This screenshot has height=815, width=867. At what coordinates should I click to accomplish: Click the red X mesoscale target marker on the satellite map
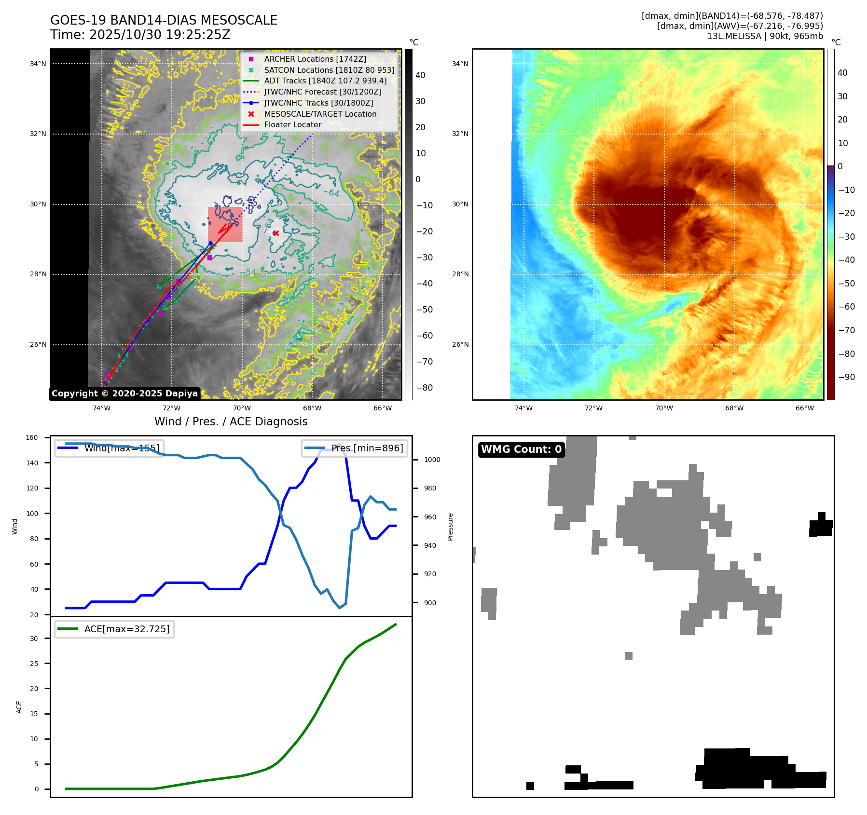tap(276, 233)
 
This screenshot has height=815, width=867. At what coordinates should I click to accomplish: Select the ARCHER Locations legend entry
tap(315, 59)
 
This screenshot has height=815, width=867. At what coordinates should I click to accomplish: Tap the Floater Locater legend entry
tap(292, 125)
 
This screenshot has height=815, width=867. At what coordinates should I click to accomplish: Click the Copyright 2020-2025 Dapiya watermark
tap(124, 394)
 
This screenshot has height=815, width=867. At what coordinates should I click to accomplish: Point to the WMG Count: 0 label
tap(521, 449)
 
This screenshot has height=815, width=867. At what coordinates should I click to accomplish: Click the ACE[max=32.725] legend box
tap(114, 629)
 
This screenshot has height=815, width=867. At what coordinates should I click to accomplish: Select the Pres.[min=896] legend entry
tap(355, 448)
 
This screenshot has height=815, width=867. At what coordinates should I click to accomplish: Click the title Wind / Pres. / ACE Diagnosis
tap(231, 422)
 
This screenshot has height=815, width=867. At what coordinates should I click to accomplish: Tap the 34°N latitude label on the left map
tap(38, 64)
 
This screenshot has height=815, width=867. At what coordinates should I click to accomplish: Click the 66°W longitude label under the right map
tap(804, 408)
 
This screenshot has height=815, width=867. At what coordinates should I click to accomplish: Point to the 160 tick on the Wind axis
tap(32, 438)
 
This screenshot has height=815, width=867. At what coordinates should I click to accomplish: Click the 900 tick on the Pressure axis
tap(432, 603)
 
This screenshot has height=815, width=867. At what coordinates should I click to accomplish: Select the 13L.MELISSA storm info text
tap(765, 36)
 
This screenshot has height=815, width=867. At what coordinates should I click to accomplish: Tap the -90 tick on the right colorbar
tap(846, 377)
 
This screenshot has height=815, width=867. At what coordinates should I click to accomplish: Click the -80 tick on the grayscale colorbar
tap(425, 388)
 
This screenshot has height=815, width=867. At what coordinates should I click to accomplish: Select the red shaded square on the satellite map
tap(225, 224)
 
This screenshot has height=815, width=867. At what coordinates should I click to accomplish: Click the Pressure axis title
tap(450, 527)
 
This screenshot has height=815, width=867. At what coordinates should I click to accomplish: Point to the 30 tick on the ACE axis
tap(34, 638)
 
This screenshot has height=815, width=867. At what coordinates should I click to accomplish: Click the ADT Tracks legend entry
tap(325, 81)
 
